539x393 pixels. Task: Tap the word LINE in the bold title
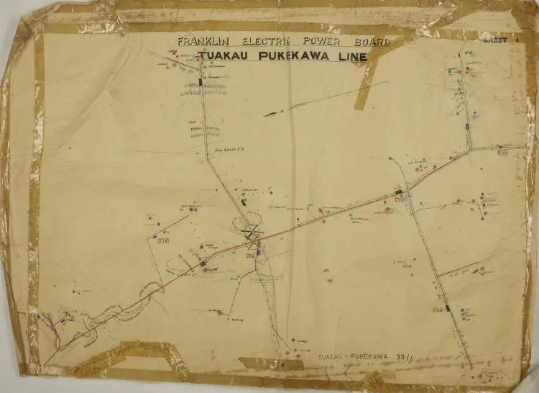click(x=350, y=57)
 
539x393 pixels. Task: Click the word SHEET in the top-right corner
click(x=494, y=40)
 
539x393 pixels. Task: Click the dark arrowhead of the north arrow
click(x=269, y=114)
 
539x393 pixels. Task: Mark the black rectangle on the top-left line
click(x=201, y=82)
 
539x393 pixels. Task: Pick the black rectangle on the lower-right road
click(x=448, y=308)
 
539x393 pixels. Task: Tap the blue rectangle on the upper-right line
click(x=466, y=127)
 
